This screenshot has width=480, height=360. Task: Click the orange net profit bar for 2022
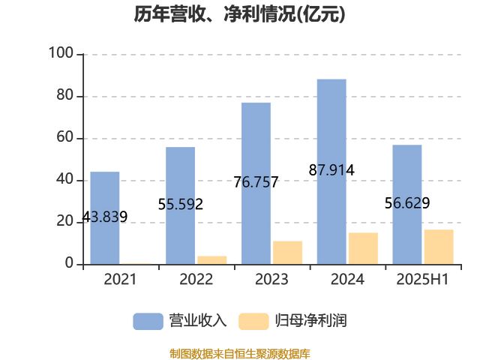point(212,259)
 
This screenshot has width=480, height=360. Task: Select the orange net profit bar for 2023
point(288,252)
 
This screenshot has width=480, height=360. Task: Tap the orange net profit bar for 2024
point(364,248)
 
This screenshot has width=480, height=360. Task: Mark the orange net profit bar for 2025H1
point(439,247)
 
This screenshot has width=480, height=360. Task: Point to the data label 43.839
point(104,217)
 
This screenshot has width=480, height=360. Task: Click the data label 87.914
point(331,170)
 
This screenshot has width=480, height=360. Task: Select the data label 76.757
point(256,182)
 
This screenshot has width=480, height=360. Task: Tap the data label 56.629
point(407,203)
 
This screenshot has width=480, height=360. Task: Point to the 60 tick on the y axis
point(64,138)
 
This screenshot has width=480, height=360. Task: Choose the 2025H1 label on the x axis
point(421,280)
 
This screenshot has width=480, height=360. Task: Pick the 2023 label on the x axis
point(271,280)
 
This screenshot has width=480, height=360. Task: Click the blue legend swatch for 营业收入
point(148,321)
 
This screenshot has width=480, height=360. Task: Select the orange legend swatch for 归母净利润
point(253,321)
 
